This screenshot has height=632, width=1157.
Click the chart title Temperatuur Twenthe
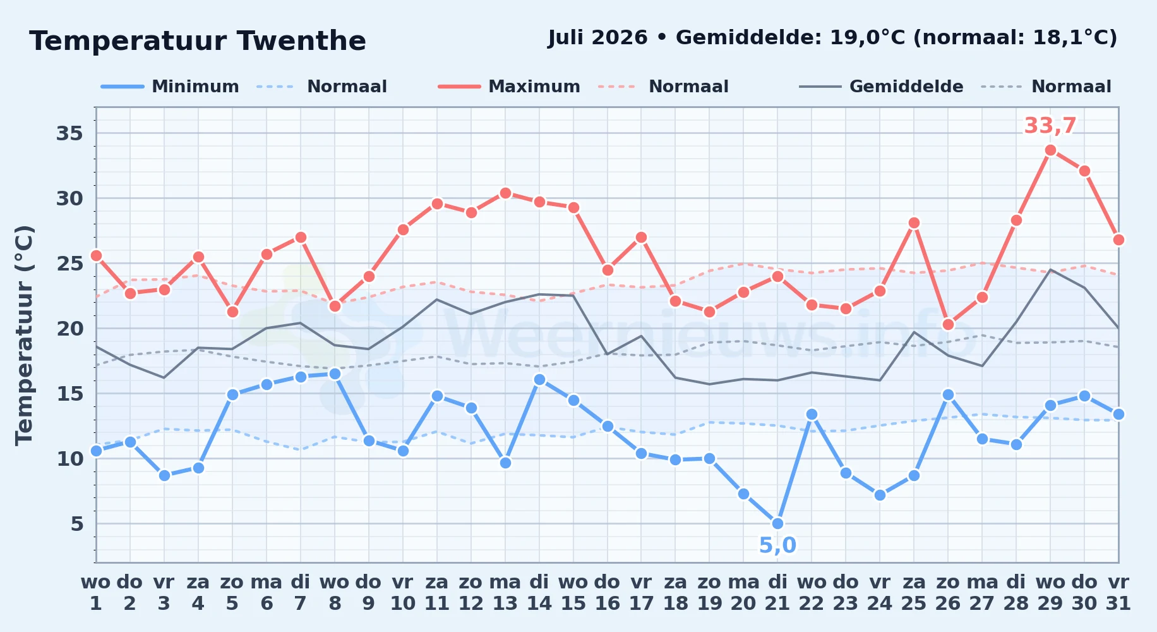[x=198, y=41]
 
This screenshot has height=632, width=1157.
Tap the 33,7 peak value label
[x=1050, y=126]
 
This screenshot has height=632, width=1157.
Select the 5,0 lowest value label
[x=777, y=545]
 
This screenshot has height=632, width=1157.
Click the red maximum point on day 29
[x=1050, y=150]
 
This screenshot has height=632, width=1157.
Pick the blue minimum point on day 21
[x=777, y=523]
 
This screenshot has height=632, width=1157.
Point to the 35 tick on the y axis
[x=70, y=133]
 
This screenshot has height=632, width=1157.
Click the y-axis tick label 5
[x=77, y=523]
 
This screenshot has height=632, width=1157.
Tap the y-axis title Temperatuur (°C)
[x=24, y=335]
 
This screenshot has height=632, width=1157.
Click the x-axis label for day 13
[x=505, y=592]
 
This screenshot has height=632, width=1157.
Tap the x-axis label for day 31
[x=1118, y=592]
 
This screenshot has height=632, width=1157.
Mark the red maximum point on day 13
[x=505, y=193]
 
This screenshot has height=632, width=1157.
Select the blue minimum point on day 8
[x=335, y=374]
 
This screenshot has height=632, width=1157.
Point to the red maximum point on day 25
[x=914, y=222]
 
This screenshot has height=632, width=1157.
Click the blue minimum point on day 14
[x=539, y=379]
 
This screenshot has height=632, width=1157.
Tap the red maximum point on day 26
[x=948, y=324]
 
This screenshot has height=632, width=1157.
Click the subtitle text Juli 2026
[x=597, y=38]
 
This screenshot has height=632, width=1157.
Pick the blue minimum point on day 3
[x=164, y=475]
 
